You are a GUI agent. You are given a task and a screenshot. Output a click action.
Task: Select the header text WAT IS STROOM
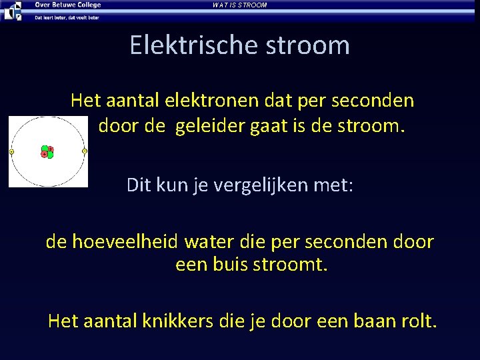(x=239, y=5)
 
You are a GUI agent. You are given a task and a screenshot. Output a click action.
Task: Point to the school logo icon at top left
(x=13, y=10)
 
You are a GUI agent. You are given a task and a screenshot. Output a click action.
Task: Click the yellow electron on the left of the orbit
(x=12, y=153)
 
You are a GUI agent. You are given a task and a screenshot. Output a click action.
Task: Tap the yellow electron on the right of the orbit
(x=84, y=151)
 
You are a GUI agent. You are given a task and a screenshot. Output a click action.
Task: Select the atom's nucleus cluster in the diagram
(x=47, y=152)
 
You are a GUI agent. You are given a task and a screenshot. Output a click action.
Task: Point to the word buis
(x=227, y=265)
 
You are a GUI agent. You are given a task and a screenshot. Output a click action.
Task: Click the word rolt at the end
(x=419, y=322)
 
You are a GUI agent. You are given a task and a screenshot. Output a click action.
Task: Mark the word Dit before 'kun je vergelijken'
(x=139, y=185)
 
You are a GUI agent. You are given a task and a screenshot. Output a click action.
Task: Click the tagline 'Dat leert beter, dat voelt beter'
(x=67, y=17)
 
